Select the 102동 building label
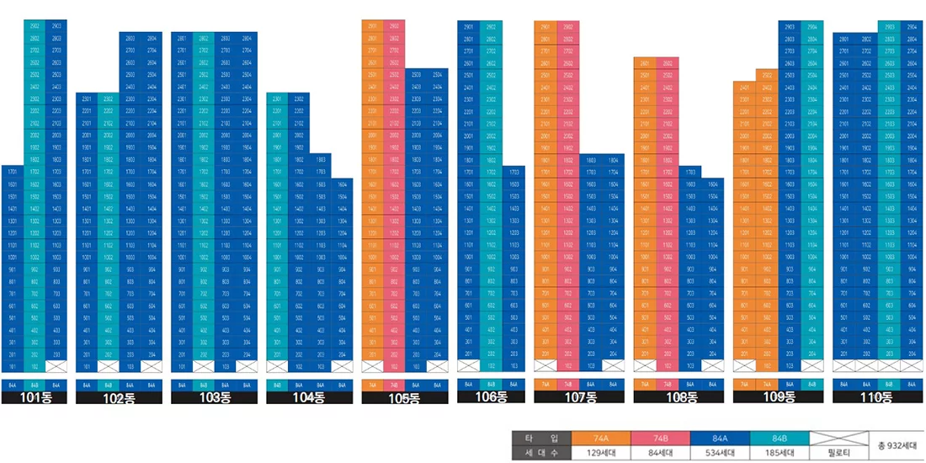[x=118, y=397]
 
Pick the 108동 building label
[x=676, y=397]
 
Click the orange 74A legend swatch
[x=601, y=438]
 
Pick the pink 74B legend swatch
[x=660, y=438]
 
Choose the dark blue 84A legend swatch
[x=720, y=438]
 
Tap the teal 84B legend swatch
[x=779, y=438]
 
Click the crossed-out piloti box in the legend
[x=838, y=438]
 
